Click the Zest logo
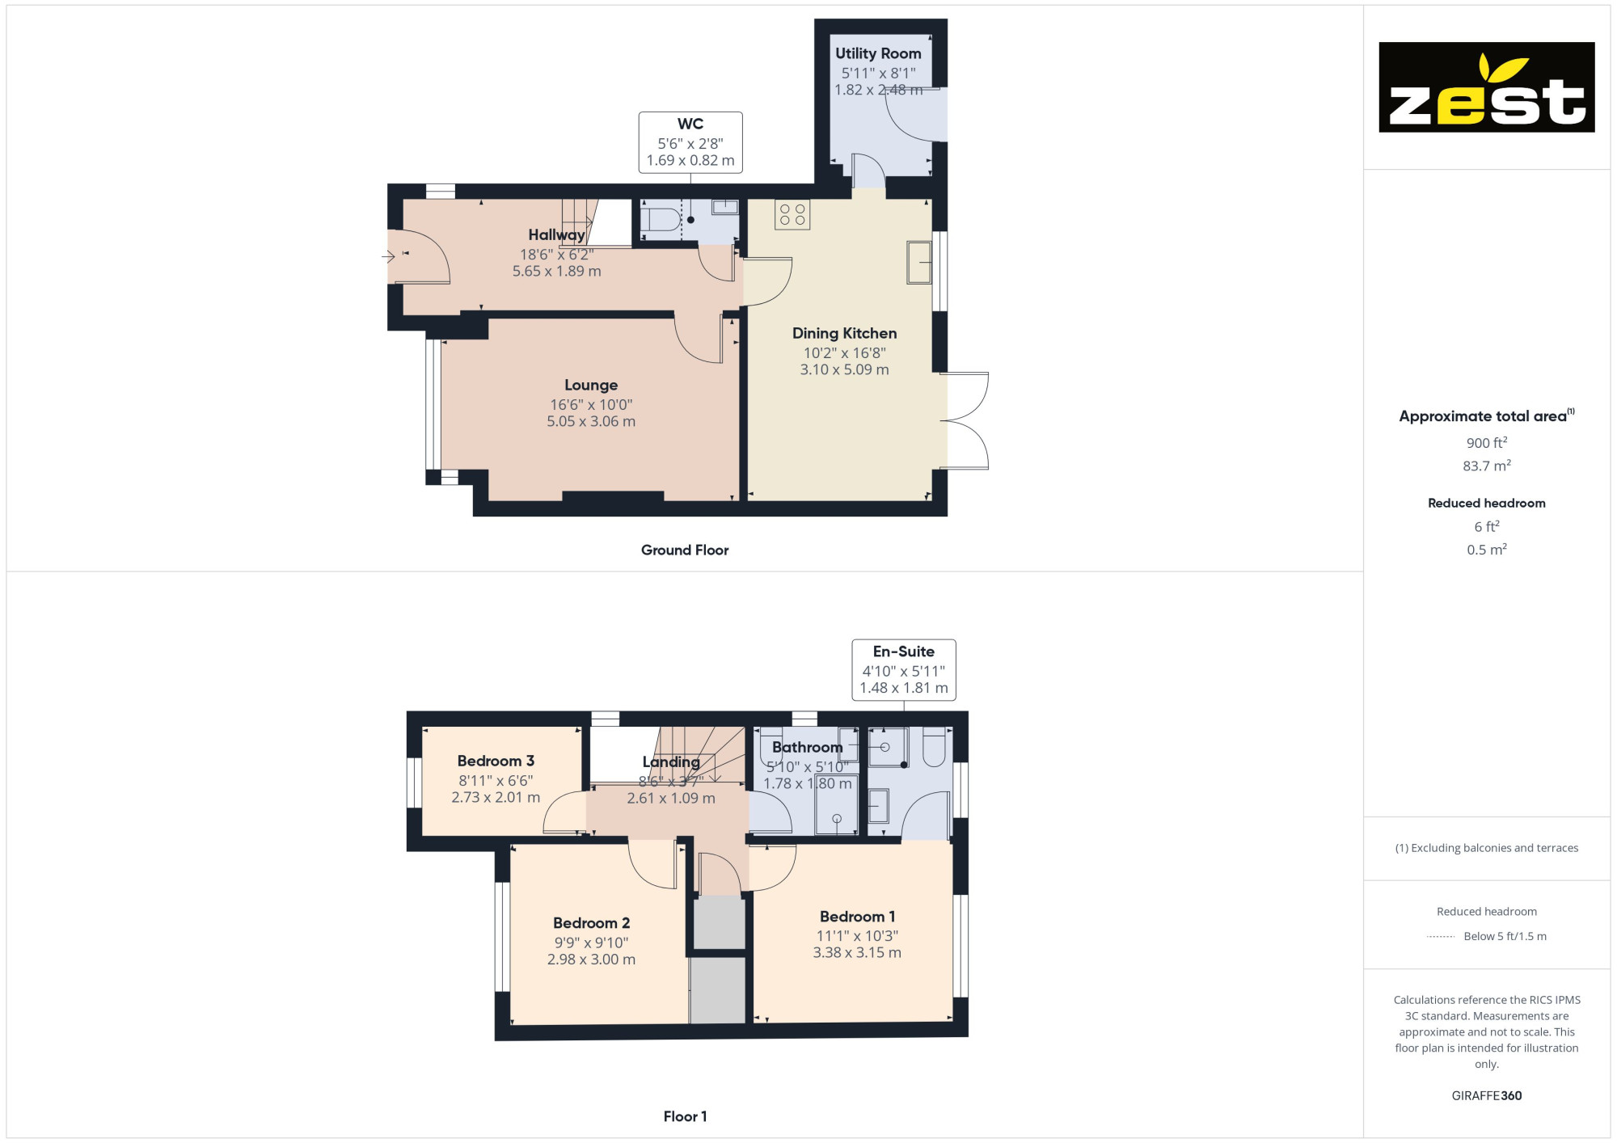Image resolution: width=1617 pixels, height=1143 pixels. pos(1486,87)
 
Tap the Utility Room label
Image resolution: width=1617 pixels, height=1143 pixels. pos(878,53)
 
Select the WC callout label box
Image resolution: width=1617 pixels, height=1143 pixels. pos(690,142)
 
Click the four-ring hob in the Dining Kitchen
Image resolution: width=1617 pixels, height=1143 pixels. pos(792,214)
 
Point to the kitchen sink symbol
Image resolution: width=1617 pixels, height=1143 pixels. pos(919,263)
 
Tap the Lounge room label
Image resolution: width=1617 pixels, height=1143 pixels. pos(591,386)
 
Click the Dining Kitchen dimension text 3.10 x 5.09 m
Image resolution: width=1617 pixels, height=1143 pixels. pos(844,369)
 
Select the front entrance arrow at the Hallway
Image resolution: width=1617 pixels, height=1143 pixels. pos(388,257)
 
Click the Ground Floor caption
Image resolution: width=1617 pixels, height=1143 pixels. pos(685,550)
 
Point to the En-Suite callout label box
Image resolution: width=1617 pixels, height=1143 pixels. pos(904,670)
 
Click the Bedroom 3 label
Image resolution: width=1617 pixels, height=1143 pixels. pos(496,761)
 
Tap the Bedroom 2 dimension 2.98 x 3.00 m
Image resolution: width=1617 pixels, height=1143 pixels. pos(591,960)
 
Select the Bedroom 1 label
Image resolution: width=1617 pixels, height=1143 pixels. pos(857,917)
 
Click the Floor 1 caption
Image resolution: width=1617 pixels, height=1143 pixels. pos(685,1116)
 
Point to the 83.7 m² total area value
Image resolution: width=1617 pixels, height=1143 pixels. pos(1486,466)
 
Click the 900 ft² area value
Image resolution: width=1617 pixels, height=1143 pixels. pos(1486,443)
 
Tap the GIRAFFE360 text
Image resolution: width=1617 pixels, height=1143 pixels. pos(1486,1096)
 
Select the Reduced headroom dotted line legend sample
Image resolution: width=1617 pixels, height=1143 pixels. pos(1441,937)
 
